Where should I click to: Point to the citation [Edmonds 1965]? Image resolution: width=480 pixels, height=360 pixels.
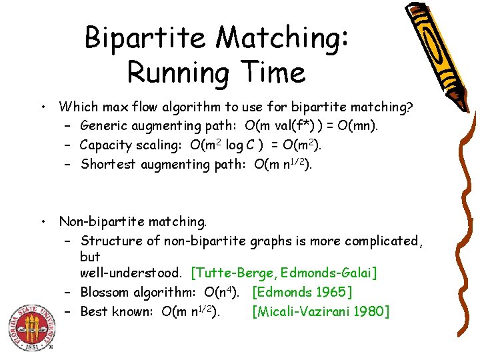pyautogui.click(x=303, y=292)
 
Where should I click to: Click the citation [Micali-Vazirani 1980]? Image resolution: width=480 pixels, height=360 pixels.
pyautogui.click(x=321, y=311)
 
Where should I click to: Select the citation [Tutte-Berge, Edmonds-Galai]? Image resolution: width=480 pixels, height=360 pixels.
pyautogui.click(x=284, y=273)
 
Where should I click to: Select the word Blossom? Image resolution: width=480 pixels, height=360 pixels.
pyautogui.click(x=105, y=292)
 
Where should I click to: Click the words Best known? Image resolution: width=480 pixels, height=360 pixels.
pyautogui.click(x=117, y=311)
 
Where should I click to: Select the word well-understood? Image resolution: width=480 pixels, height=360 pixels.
pyautogui.click(x=131, y=273)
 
